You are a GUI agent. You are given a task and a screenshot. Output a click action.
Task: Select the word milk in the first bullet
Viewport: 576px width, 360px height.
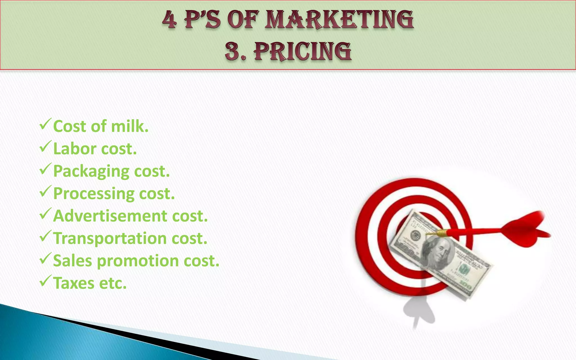click(129, 126)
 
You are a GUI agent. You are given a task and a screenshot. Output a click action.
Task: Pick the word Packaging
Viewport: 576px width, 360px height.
click(91, 172)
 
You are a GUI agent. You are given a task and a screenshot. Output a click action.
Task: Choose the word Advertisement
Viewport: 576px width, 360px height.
click(110, 216)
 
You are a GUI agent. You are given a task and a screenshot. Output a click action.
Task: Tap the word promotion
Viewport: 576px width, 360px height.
click(138, 261)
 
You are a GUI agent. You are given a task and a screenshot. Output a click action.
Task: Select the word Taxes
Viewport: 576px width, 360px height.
click(74, 283)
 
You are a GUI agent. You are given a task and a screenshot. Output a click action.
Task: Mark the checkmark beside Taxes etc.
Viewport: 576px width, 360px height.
click(45, 281)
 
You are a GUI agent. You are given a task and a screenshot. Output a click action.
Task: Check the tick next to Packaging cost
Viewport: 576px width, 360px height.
click(45, 169)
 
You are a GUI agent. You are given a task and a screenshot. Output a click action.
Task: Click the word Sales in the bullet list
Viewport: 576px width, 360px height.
click(73, 261)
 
